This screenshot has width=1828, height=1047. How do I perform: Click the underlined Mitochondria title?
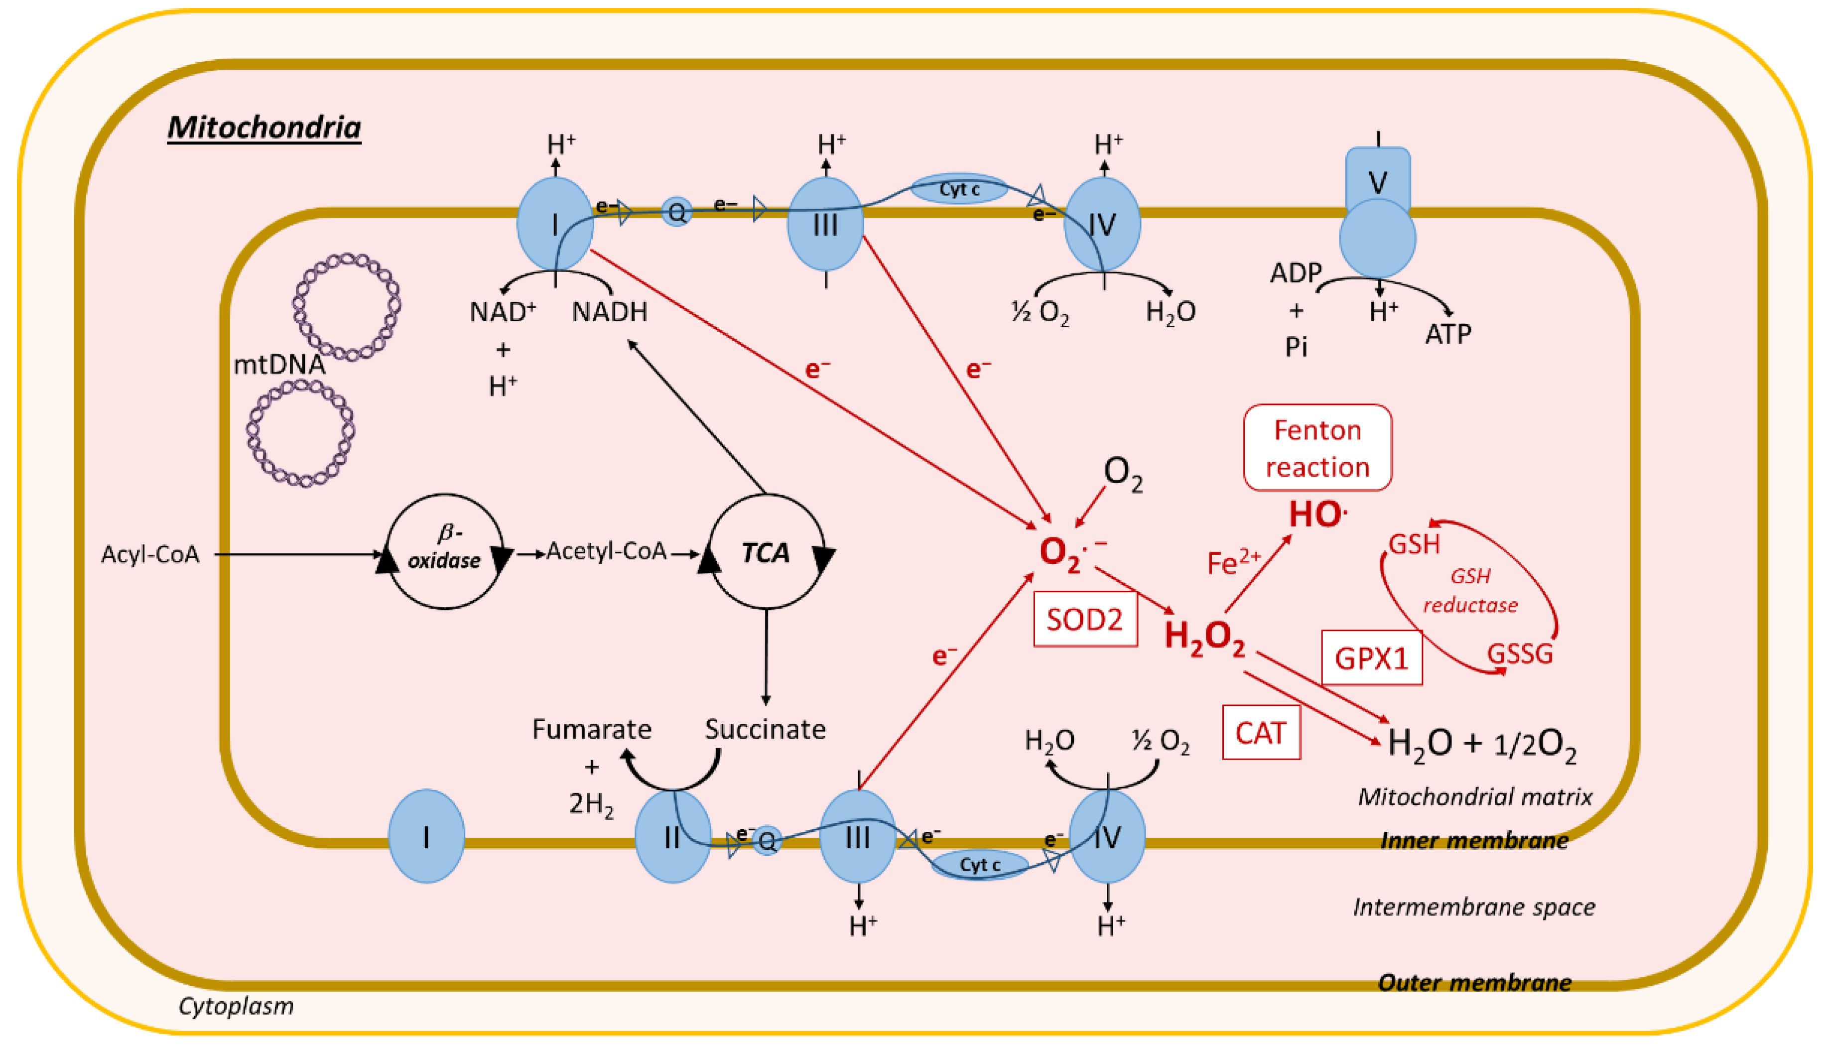[264, 128]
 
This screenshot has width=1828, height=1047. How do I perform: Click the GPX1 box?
[1371, 658]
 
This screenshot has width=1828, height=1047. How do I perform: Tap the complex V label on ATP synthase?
[1377, 181]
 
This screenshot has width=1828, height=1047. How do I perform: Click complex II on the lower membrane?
[672, 837]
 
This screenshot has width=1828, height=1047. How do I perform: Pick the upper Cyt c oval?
[959, 190]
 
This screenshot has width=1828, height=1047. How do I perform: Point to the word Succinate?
[765, 729]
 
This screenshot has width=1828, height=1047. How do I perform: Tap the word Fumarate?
[591, 729]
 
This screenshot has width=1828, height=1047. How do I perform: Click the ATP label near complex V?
[1447, 334]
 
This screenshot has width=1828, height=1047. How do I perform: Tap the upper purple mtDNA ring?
[347, 306]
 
